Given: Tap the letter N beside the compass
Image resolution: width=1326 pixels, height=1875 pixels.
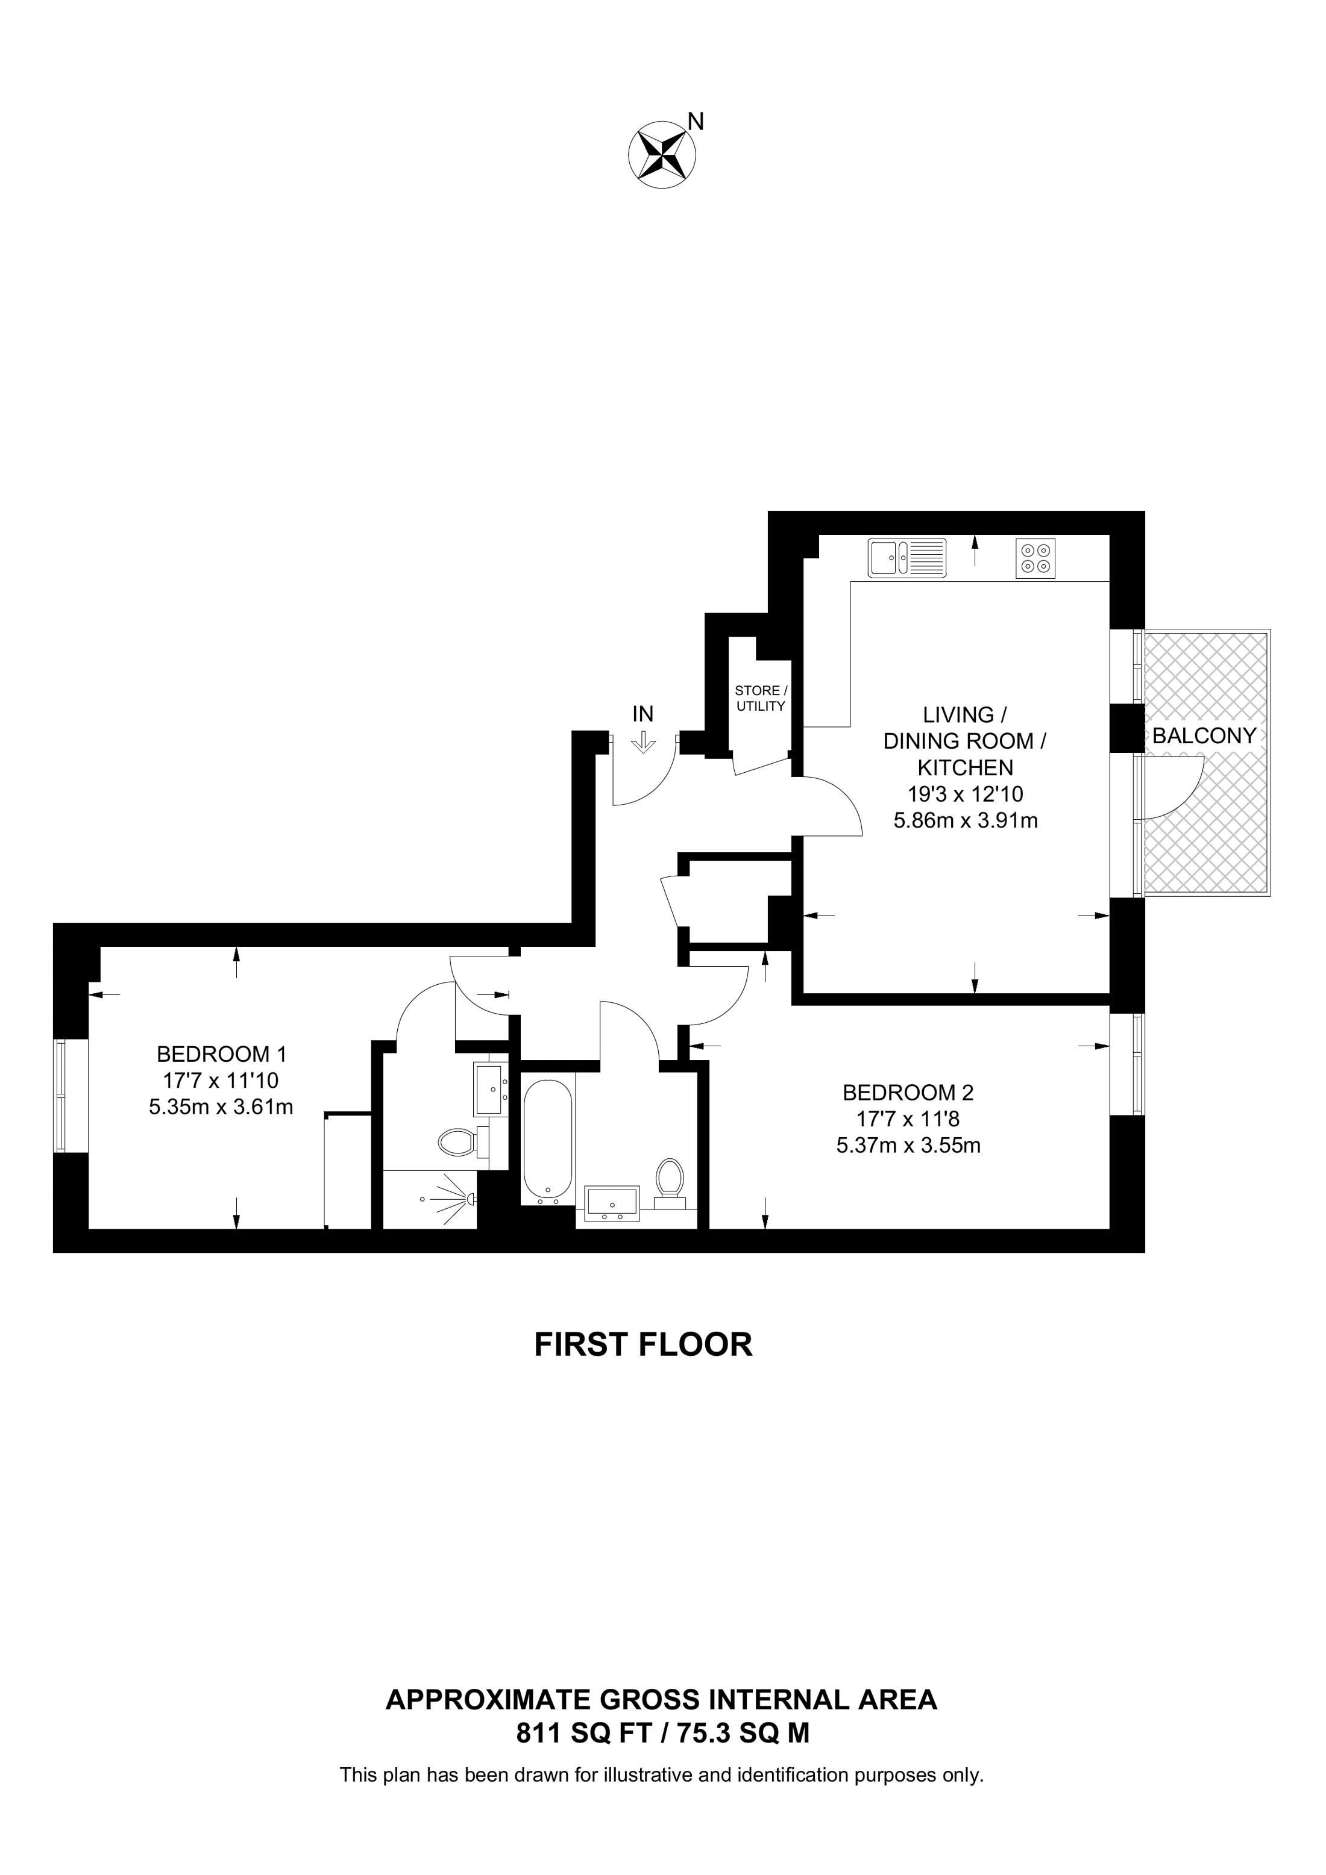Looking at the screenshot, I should coord(696,122).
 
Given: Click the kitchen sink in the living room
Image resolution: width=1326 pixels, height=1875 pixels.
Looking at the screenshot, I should coord(907,558).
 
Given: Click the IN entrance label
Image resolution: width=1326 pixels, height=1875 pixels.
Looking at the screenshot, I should coord(643,714).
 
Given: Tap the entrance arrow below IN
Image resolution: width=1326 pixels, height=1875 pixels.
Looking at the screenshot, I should coord(644,741).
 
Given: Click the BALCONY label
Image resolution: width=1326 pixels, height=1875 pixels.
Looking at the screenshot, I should coord(1204,736).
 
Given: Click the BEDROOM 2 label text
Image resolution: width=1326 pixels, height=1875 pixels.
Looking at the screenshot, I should coord(908,1092).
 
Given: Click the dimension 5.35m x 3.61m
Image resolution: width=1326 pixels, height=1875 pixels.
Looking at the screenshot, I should coord(221,1108).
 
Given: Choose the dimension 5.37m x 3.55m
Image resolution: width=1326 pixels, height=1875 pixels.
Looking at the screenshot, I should coord(908,1146).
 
